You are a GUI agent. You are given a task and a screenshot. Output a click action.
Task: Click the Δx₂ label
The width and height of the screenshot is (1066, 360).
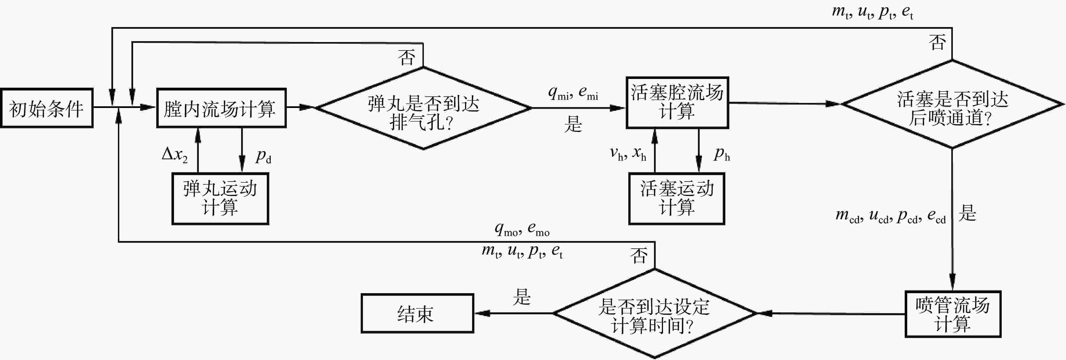tap(175, 155)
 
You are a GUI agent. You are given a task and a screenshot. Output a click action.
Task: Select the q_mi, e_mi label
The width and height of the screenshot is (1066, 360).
tap(573, 93)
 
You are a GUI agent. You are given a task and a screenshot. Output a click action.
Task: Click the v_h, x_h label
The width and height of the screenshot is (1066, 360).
tap(628, 154)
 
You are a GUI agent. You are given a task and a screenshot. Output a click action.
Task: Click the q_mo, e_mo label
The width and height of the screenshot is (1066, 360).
tap(522, 229)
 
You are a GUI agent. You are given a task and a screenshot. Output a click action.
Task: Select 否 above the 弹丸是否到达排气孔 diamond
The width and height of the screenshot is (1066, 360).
tap(406, 57)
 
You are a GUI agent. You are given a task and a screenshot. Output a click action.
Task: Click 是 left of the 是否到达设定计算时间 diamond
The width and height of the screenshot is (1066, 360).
tap(521, 297)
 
